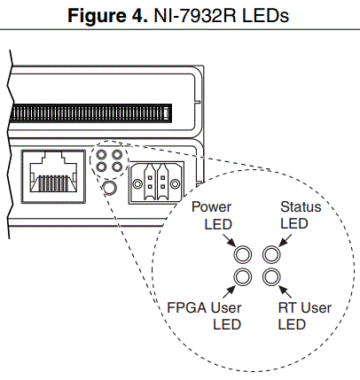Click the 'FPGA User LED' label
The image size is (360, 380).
(x=205, y=316)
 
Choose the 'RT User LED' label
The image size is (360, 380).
(x=304, y=316)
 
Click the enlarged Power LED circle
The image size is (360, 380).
(x=241, y=254)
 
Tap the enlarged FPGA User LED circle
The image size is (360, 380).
(x=241, y=277)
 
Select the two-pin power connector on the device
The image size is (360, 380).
(x=154, y=182)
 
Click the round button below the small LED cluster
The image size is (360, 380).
(x=110, y=188)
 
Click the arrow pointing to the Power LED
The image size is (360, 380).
(x=231, y=241)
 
